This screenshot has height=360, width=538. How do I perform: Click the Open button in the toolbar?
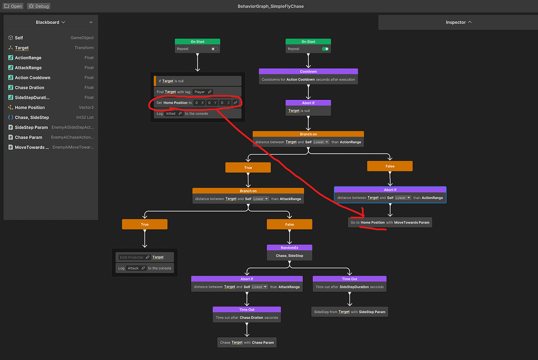(x=13, y=6)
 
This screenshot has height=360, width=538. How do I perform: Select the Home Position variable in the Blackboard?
(x=30, y=107)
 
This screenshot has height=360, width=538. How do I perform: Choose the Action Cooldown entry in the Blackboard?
(x=33, y=78)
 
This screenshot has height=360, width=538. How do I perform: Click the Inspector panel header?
(x=459, y=23)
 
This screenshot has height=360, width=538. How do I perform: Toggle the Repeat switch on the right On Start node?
(x=326, y=49)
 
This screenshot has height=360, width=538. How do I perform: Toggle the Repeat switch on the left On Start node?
(x=214, y=49)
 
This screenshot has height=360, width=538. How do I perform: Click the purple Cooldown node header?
(x=308, y=71)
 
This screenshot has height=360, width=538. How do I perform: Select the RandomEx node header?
(x=289, y=248)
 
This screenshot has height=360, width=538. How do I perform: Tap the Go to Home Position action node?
(x=390, y=222)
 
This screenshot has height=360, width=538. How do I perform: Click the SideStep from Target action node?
(x=350, y=312)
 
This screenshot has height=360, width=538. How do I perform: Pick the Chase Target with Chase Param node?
(x=246, y=342)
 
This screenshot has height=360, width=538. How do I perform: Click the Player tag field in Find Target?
(x=202, y=92)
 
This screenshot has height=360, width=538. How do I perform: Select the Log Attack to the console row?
(x=144, y=268)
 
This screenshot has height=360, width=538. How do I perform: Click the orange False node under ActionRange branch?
(x=390, y=166)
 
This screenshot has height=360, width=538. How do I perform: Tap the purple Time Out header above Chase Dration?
(x=247, y=310)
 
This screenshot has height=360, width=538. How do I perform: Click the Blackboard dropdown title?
(x=50, y=23)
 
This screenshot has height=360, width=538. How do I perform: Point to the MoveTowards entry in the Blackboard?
(x=32, y=147)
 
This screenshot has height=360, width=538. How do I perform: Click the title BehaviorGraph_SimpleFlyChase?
(x=271, y=6)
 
